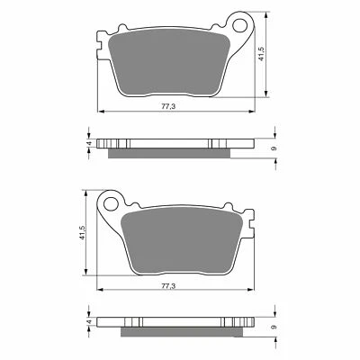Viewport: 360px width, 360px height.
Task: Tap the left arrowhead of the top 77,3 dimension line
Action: [98, 111]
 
